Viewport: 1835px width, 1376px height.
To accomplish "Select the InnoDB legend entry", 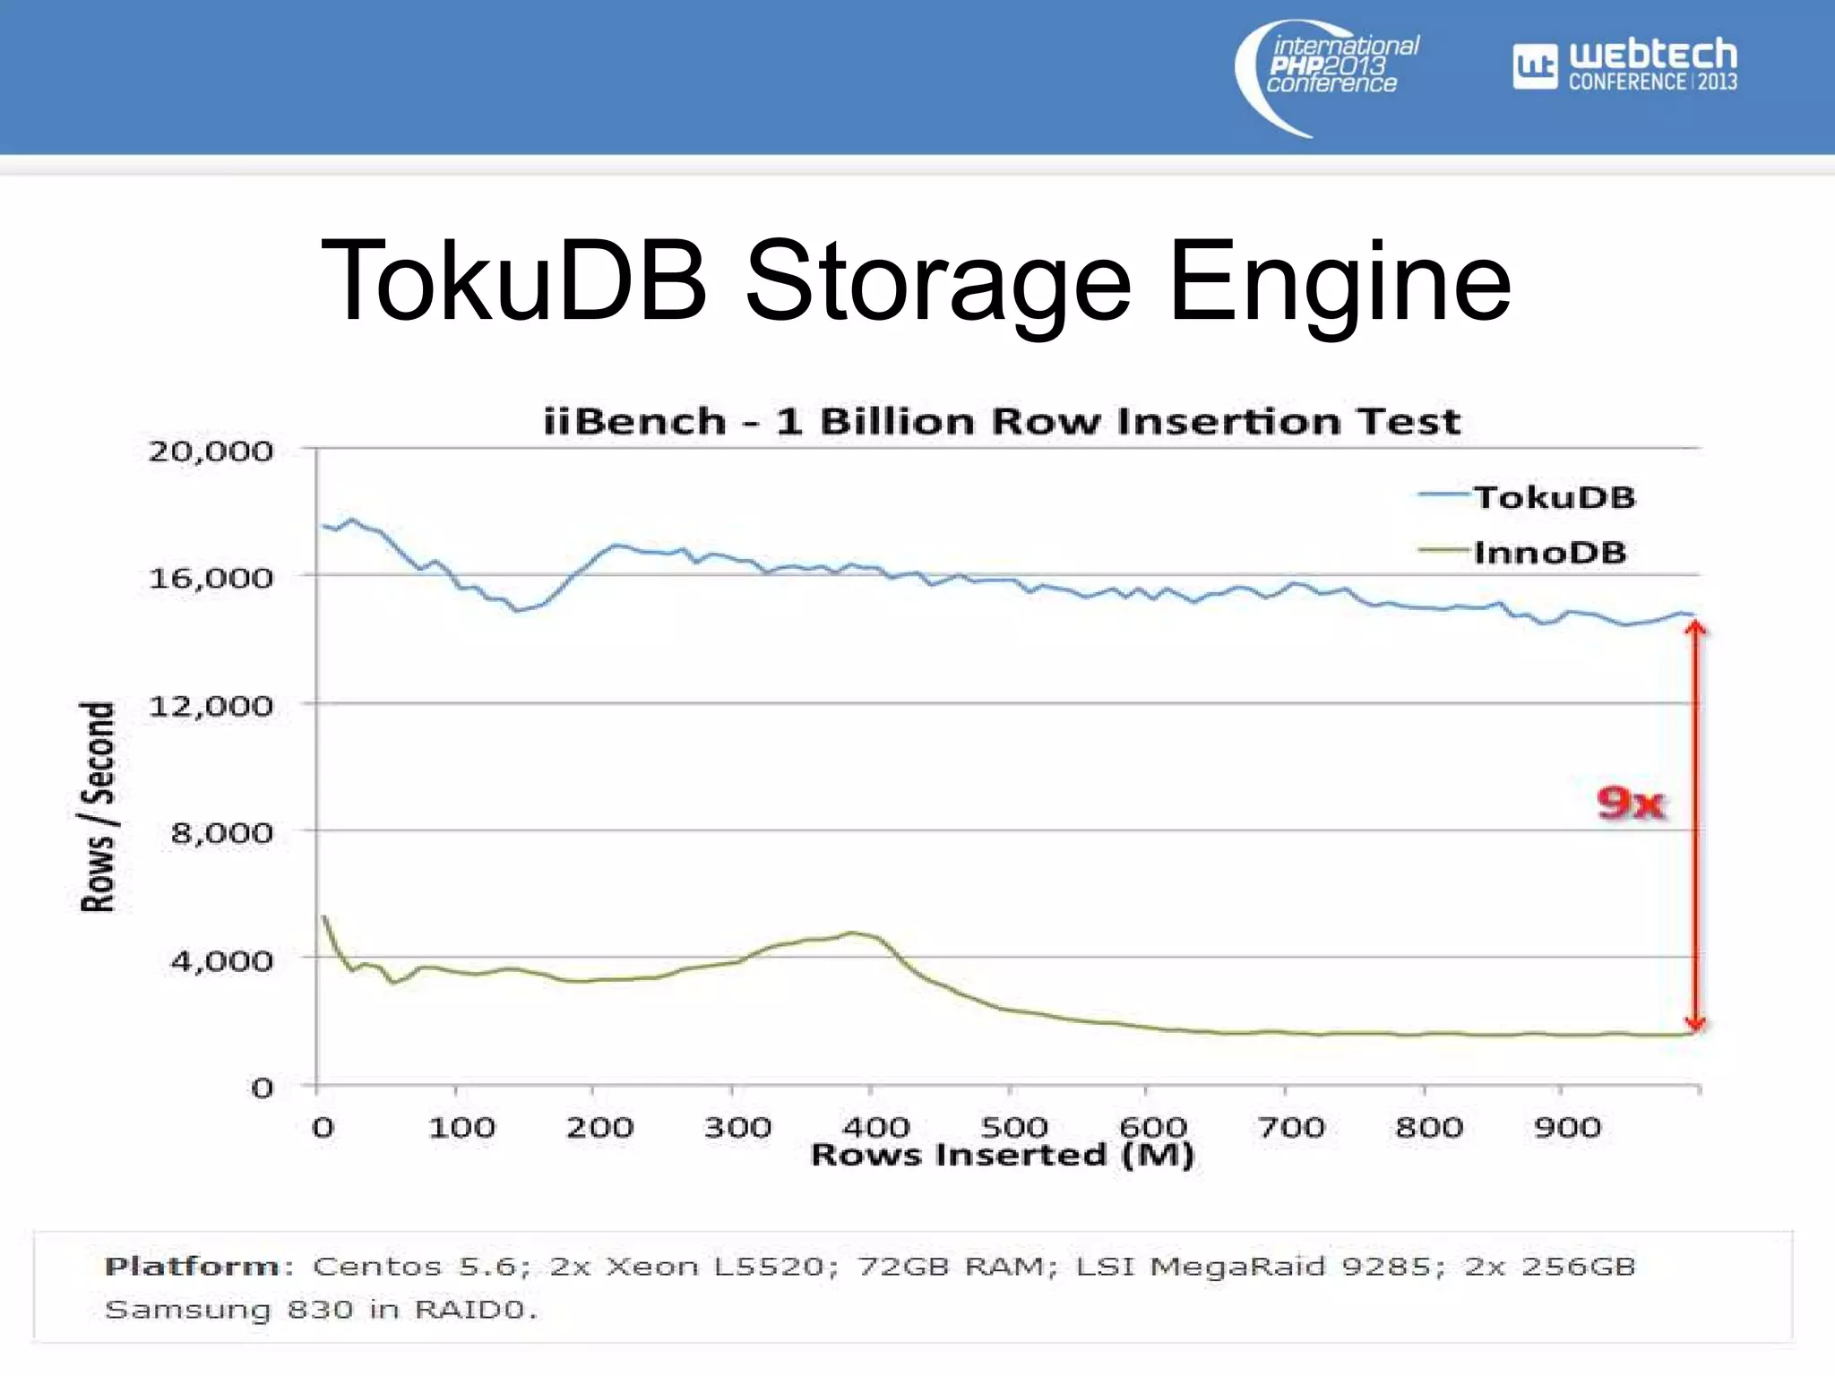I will pos(1549,552).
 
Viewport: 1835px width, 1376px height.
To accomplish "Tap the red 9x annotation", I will pos(1630,802).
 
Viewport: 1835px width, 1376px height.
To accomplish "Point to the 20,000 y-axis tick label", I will pos(211,451).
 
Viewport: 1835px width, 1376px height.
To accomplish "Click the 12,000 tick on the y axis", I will pos(211,706).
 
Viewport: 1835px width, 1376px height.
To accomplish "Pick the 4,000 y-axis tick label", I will pos(221,960).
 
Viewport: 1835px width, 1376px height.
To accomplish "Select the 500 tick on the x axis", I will pos(1013,1126).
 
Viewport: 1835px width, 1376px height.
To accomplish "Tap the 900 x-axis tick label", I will pos(1566,1126).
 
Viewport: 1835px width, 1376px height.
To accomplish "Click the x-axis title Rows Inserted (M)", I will pos(1002,1155).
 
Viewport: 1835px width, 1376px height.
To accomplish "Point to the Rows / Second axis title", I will pos(98,806).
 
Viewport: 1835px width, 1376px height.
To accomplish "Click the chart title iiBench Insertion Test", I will pos(1002,421).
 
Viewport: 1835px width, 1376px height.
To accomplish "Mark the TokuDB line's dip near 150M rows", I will pos(517,610).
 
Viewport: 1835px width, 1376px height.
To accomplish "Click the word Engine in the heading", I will pos(1340,281).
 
